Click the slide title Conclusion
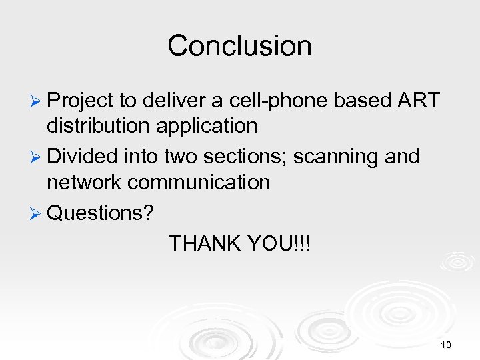[x=239, y=46]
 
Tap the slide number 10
[x=446, y=345]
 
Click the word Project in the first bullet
[x=81, y=101]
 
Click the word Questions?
[x=101, y=213]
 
